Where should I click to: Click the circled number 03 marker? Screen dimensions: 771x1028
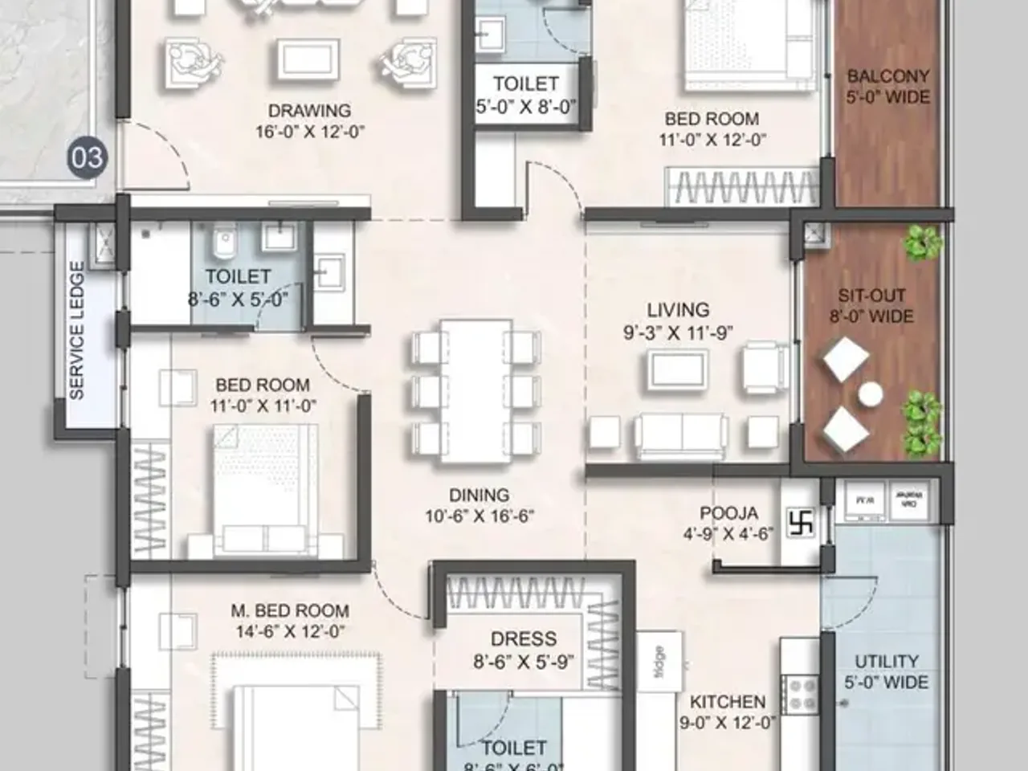(87, 157)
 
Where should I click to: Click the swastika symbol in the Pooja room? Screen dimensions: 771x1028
(801, 524)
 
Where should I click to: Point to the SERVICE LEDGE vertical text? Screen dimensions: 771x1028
(77, 331)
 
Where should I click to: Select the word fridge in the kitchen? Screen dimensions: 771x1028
(659, 662)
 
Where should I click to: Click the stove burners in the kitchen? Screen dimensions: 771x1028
(800, 695)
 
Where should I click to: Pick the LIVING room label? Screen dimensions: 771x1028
(678, 309)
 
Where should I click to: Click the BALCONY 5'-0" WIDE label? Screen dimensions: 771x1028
(887, 87)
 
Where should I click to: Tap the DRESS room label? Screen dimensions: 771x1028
(524, 639)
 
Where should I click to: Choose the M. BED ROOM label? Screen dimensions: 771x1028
(290, 611)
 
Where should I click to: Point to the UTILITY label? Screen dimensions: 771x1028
(886, 661)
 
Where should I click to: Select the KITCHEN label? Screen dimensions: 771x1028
(728, 702)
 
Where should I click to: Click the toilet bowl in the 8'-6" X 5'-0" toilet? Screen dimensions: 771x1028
(224, 239)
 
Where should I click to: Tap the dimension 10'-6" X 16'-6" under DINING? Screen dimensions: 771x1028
(479, 516)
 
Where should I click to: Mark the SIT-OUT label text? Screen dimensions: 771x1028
(871, 296)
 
